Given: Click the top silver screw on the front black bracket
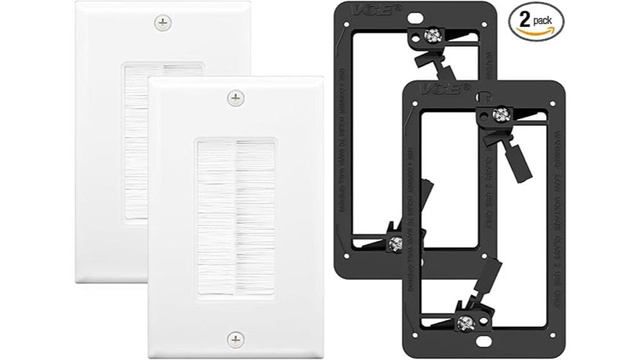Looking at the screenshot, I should (x=500, y=114).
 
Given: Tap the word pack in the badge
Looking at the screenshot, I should (x=544, y=19).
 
